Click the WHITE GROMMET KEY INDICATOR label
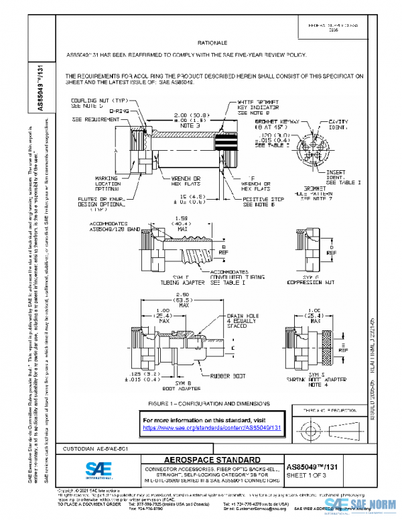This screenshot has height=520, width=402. (x=262, y=106)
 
